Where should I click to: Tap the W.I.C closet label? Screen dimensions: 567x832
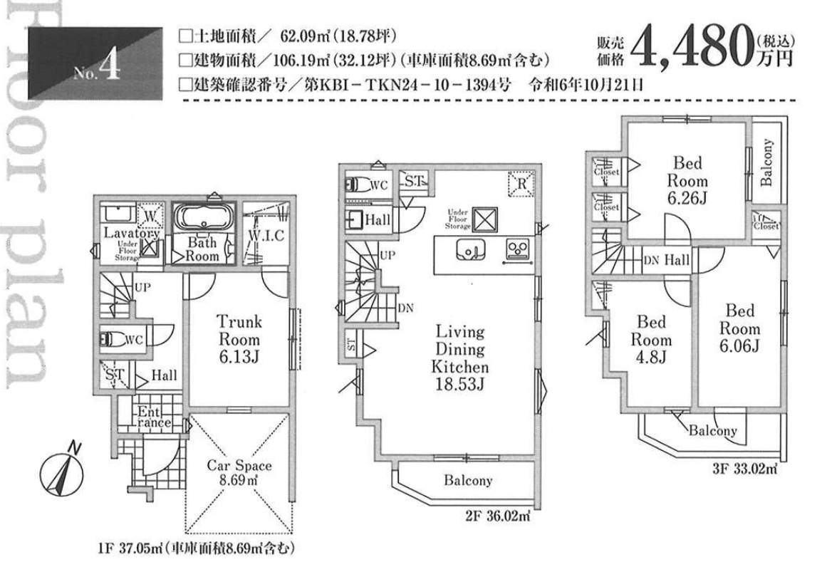pyautogui.click(x=267, y=235)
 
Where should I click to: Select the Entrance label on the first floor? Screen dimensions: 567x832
pyautogui.click(x=153, y=417)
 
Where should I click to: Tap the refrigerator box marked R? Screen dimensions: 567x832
pyautogui.click(x=521, y=183)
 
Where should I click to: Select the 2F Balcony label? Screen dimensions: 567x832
pyautogui.click(x=468, y=481)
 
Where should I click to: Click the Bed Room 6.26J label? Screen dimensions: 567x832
pyautogui.click(x=687, y=181)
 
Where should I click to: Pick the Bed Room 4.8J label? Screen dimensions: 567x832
pyautogui.click(x=650, y=340)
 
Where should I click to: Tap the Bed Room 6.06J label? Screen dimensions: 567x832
pyautogui.click(x=739, y=328)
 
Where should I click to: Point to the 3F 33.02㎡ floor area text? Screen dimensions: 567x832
pyautogui.click(x=744, y=469)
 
